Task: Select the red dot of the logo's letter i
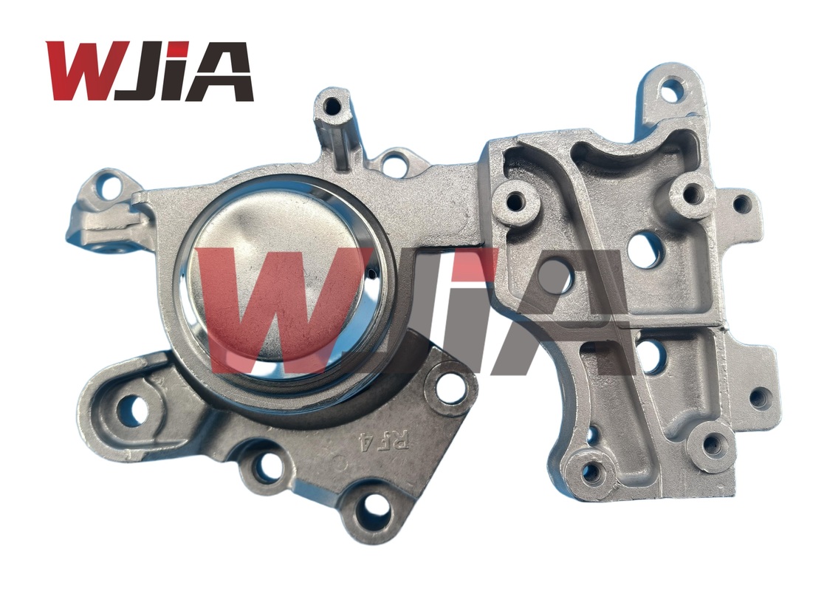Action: tap(177, 49)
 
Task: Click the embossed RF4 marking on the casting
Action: tap(371, 441)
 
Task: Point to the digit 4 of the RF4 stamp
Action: tap(362, 442)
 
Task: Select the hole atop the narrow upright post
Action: tap(333, 105)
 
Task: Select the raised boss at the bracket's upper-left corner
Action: tap(514, 200)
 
